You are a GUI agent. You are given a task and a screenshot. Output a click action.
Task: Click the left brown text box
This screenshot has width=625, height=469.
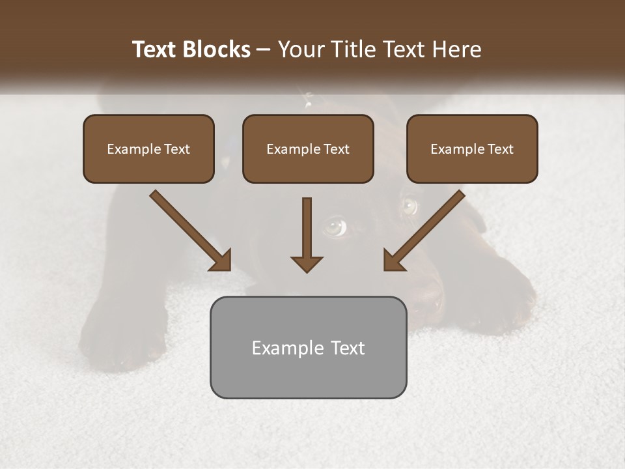(x=148, y=149)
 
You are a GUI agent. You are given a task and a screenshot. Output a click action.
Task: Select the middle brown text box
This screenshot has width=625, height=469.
(x=308, y=149)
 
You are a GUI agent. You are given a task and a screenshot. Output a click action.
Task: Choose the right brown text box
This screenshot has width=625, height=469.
(x=472, y=149)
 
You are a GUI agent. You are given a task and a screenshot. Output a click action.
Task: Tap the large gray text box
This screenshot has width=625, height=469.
(x=308, y=347)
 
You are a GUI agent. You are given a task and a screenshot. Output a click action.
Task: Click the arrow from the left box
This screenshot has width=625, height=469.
(x=191, y=231)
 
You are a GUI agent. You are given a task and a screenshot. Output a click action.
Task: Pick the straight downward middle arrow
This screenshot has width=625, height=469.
(x=307, y=234)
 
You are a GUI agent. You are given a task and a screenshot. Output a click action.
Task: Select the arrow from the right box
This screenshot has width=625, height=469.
(x=424, y=231)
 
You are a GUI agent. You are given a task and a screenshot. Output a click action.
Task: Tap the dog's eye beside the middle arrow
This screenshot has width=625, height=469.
(x=335, y=226)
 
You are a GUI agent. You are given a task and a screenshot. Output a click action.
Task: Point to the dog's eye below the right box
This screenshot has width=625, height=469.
(x=410, y=206)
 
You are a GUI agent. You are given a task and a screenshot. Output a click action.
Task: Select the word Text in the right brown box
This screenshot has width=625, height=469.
(x=500, y=149)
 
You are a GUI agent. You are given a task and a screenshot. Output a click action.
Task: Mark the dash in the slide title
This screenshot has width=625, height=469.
(x=264, y=50)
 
